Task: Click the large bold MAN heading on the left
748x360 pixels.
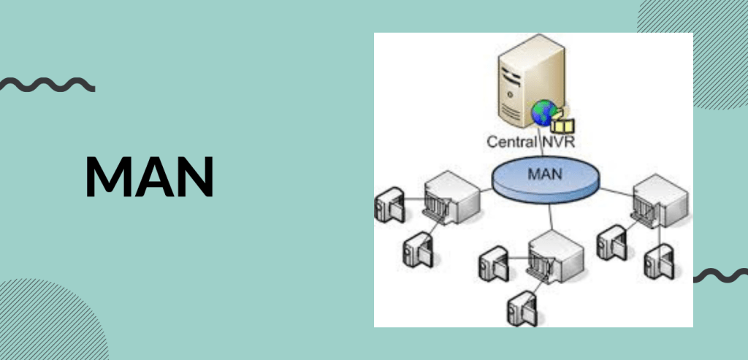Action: click(149, 177)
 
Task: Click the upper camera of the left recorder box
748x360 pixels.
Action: click(388, 204)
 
